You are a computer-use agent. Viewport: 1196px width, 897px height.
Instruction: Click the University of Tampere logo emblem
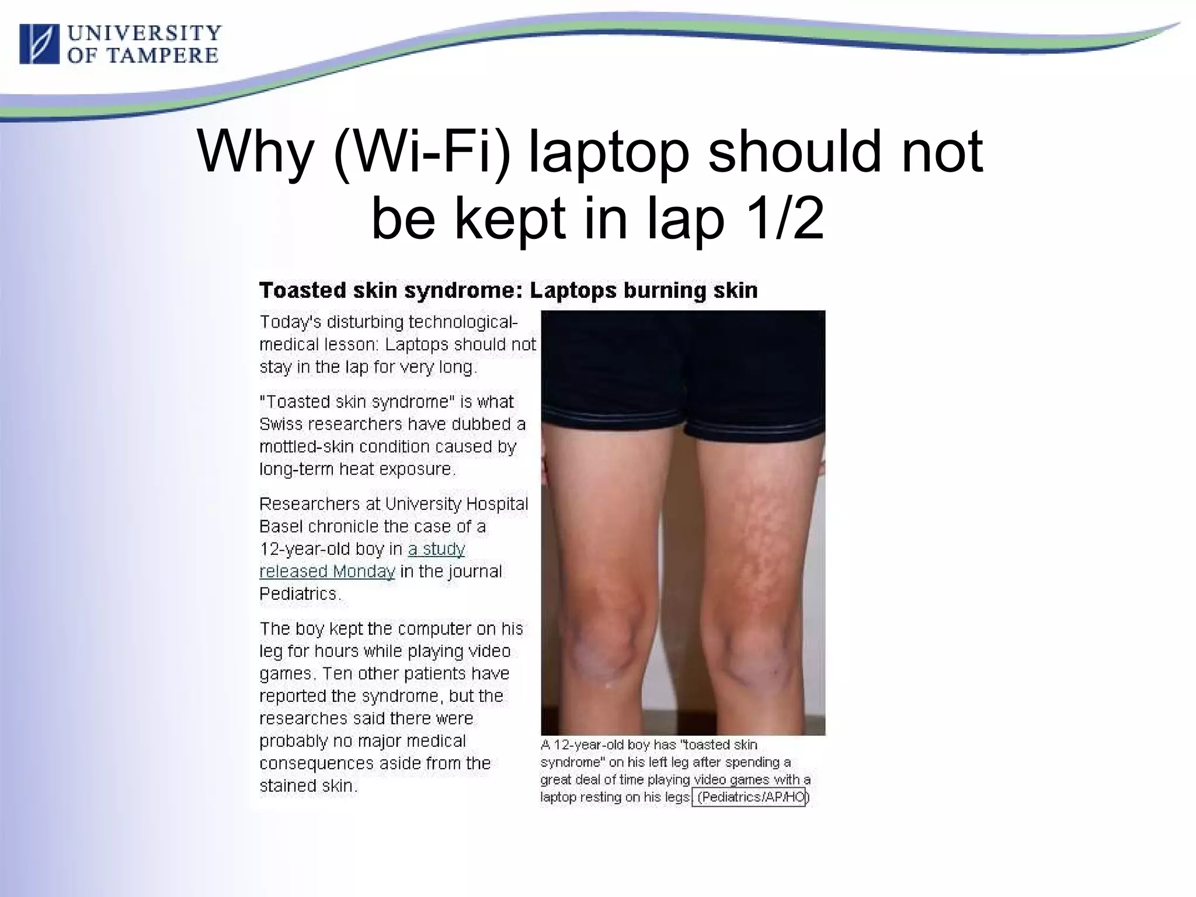(x=39, y=44)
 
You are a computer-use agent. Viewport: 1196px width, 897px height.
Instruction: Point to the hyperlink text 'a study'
(x=436, y=549)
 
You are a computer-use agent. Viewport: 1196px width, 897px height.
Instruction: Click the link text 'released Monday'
(x=327, y=571)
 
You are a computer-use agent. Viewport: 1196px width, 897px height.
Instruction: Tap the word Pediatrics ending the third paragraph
(x=298, y=594)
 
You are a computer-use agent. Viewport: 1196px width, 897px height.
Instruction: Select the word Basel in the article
(x=281, y=527)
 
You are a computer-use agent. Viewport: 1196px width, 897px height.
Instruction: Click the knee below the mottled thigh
(x=753, y=648)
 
